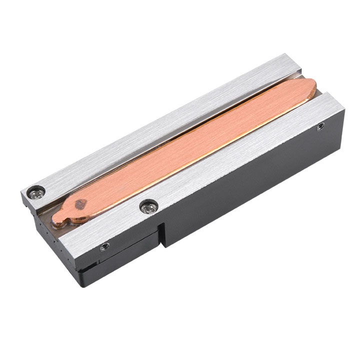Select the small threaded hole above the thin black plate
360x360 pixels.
tap(104, 246)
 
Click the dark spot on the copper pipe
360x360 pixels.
tap(80, 203)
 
